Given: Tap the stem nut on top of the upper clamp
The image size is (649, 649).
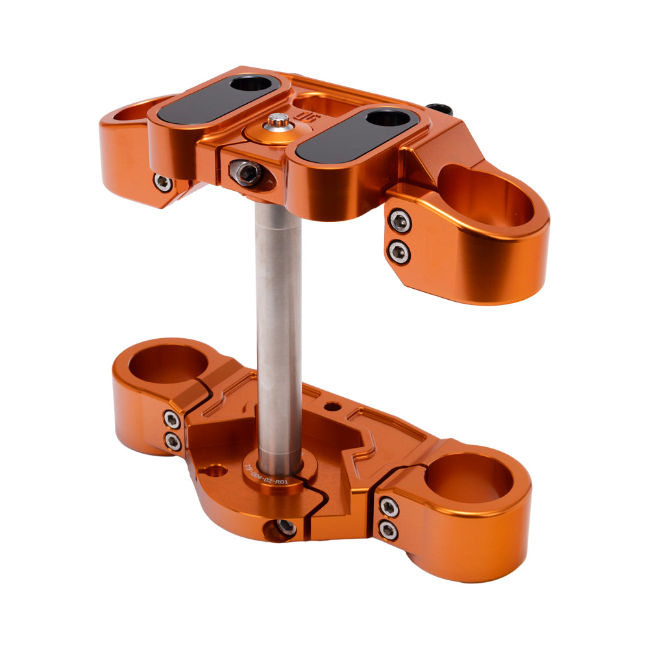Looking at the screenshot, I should tap(278, 123).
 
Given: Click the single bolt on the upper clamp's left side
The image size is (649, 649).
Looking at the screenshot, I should tap(162, 182).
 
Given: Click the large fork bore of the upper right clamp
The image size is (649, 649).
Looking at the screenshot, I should tap(487, 195).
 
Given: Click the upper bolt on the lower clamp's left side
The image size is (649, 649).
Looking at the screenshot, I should tap(172, 419).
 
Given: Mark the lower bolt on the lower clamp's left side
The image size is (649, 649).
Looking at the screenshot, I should tap(173, 443).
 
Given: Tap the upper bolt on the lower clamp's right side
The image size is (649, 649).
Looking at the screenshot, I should tap(388, 506).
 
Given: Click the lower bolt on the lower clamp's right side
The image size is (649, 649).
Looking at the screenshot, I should tap(388, 531).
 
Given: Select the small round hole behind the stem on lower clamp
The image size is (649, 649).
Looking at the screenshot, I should tap(332, 407).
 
